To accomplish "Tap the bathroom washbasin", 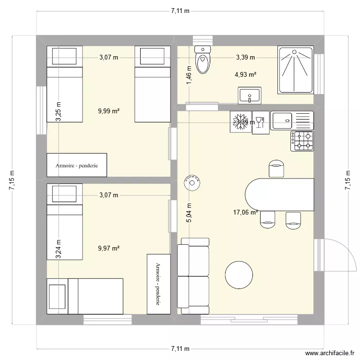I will (x=250, y=96).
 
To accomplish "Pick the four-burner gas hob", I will (x=302, y=141).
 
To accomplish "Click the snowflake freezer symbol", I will (x=239, y=121).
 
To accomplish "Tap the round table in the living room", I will (x=239, y=275).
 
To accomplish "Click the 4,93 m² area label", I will (x=245, y=74).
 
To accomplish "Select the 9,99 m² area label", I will (x=108, y=111).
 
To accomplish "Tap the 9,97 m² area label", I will (x=108, y=248).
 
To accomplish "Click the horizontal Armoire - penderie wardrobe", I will (x=77, y=165).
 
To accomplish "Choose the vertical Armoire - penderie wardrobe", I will (x=158, y=284).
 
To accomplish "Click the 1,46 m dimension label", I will (x=189, y=77).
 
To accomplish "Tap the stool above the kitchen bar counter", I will (x=276, y=168).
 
